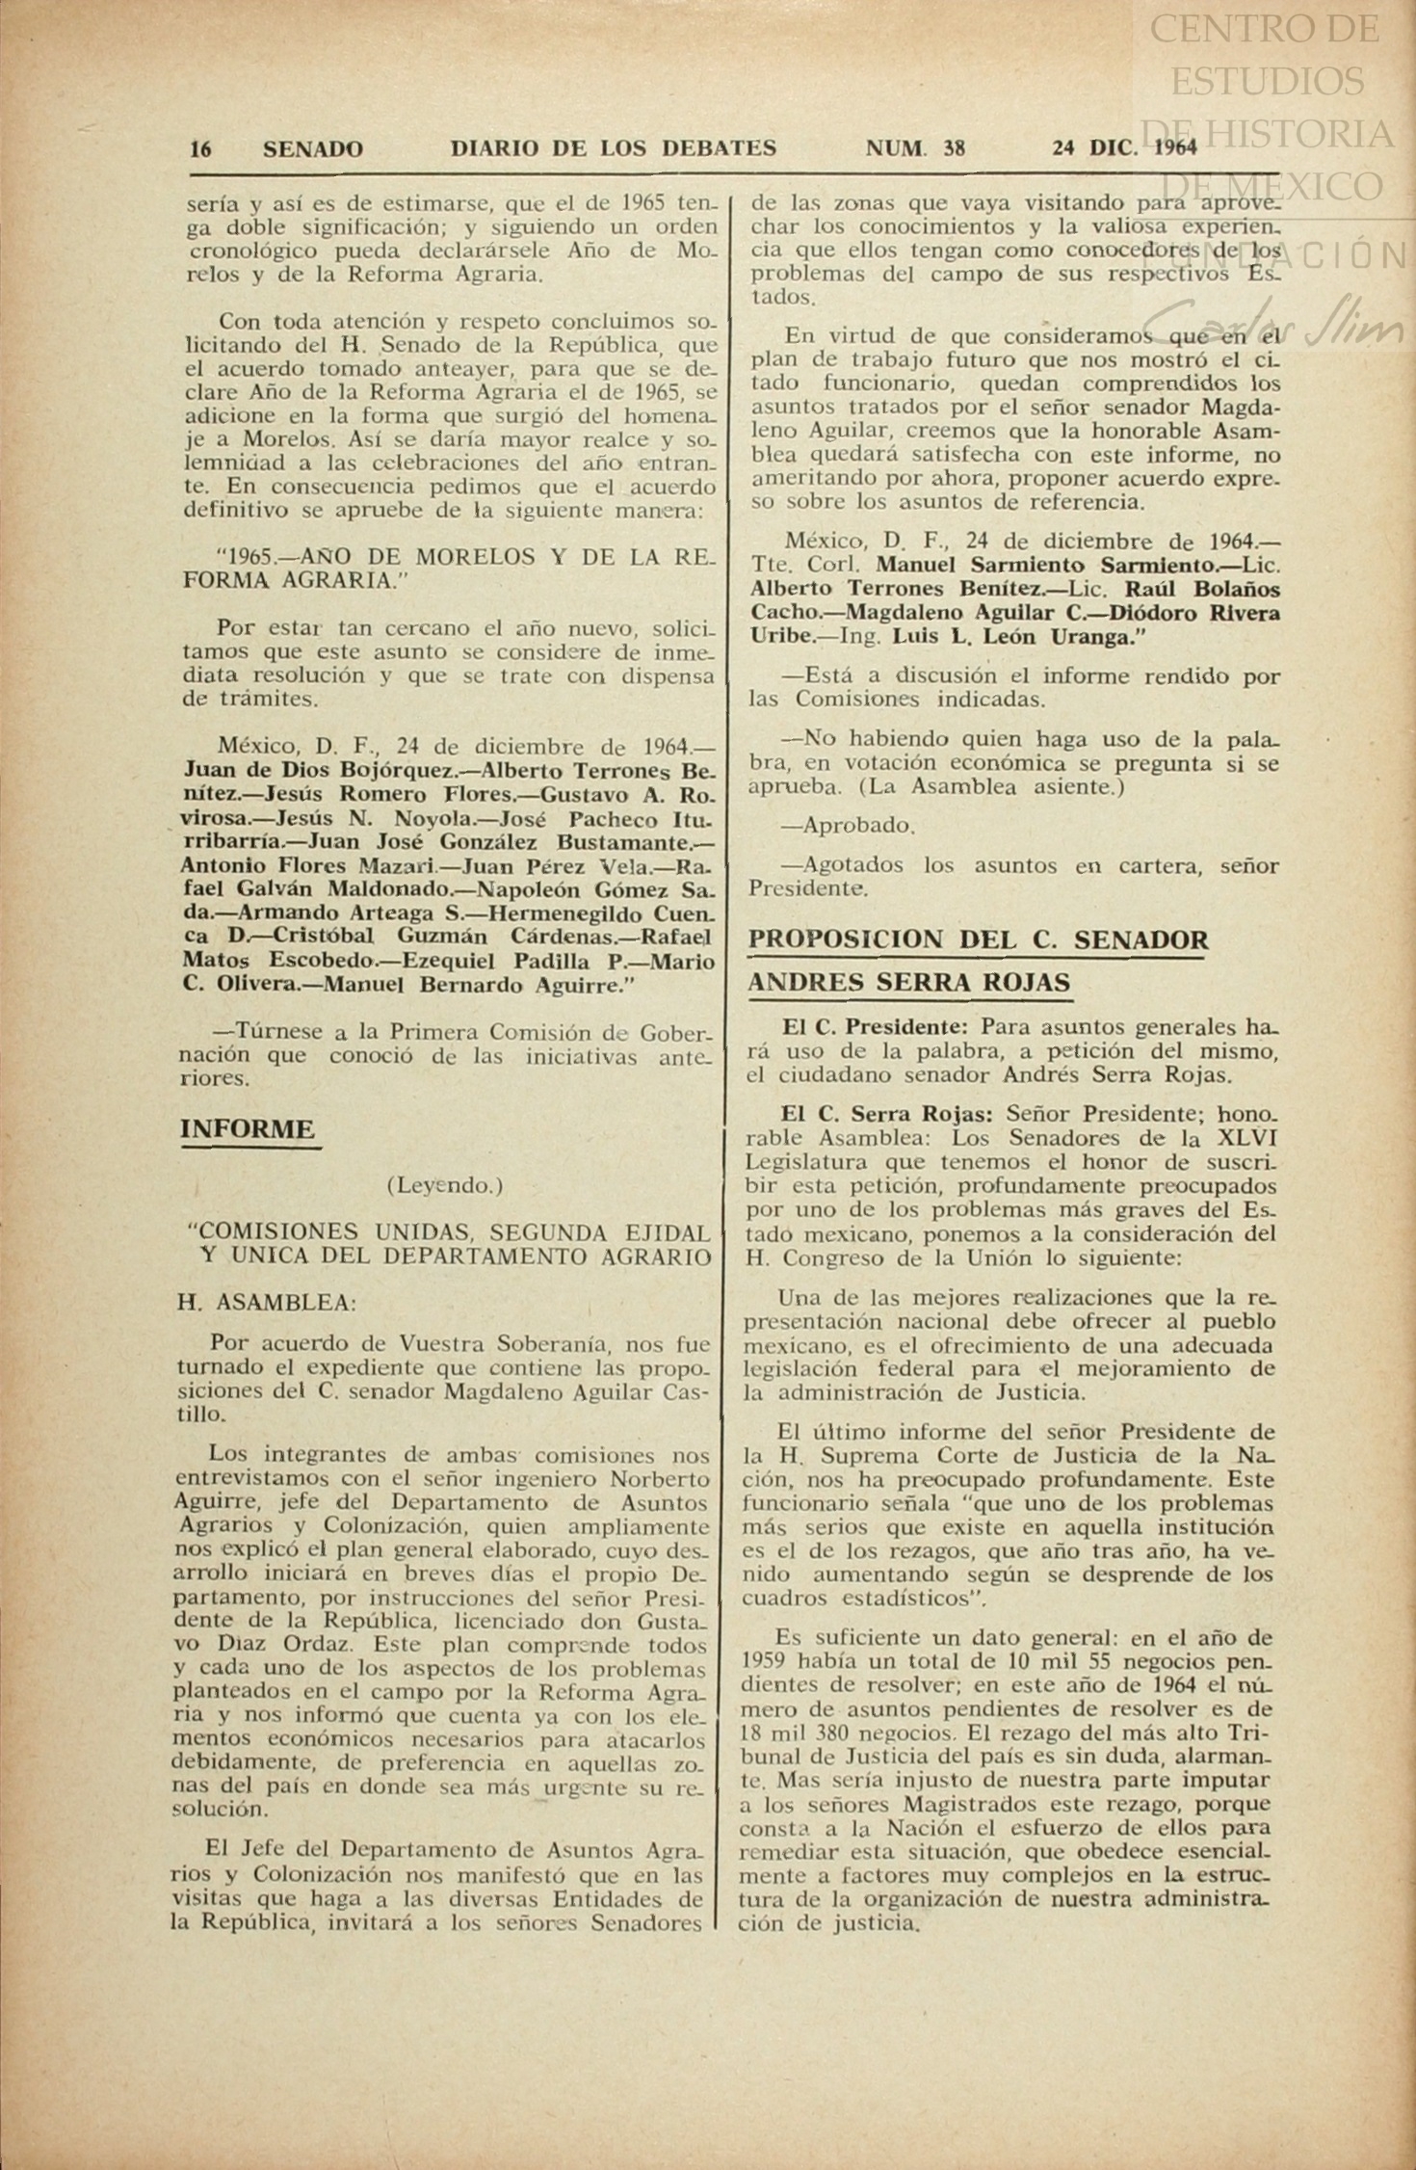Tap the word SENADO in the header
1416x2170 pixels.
313,148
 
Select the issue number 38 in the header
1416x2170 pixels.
955,147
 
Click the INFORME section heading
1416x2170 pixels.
248,1129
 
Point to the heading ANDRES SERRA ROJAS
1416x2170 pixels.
909,983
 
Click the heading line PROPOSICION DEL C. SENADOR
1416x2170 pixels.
979,939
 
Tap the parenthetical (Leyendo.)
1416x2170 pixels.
444,1185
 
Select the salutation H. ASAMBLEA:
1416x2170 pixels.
267,1302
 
